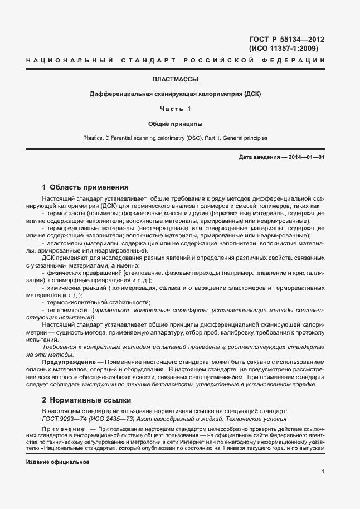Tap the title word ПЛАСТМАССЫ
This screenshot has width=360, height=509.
click(x=176, y=79)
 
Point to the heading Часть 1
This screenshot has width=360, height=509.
click(x=176, y=108)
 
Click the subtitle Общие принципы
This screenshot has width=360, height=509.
click(x=176, y=123)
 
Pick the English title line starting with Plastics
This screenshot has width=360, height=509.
click(x=175, y=137)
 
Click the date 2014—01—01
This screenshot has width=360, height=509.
click(x=305, y=158)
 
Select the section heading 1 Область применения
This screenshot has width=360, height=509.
click(x=85, y=187)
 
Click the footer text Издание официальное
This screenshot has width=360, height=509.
click(x=57, y=462)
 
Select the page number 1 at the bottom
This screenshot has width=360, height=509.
click(x=323, y=471)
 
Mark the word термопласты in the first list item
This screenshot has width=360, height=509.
click(x=64, y=214)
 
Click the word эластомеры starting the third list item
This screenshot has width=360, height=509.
click(x=62, y=243)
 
